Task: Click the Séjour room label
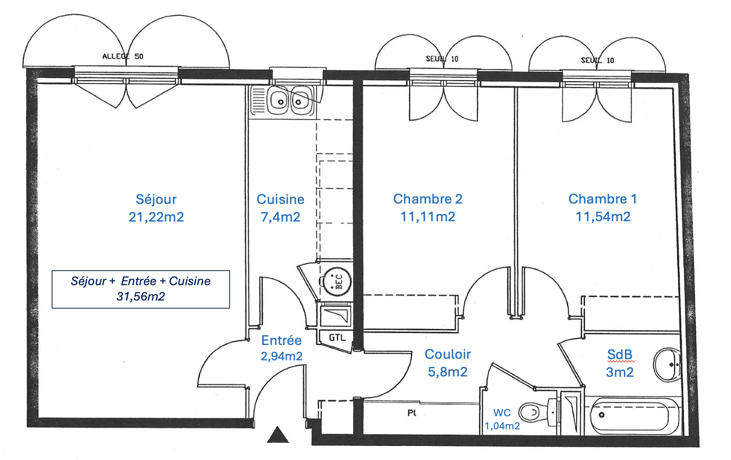click(156, 199)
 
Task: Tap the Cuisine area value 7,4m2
click(281, 217)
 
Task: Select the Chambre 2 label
click(428, 199)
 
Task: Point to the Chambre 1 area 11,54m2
click(603, 217)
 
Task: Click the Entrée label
click(281, 340)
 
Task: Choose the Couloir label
click(448, 354)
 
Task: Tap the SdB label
click(620, 355)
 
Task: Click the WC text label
click(502, 413)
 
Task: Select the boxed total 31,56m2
click(141, 296)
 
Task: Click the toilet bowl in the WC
click(530, 412)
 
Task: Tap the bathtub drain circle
click(602, 415)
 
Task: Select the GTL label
click(337, 338)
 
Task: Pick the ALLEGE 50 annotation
click(122, 56)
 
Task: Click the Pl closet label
click(412, 413)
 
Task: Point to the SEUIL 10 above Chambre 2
click(442, 59)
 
